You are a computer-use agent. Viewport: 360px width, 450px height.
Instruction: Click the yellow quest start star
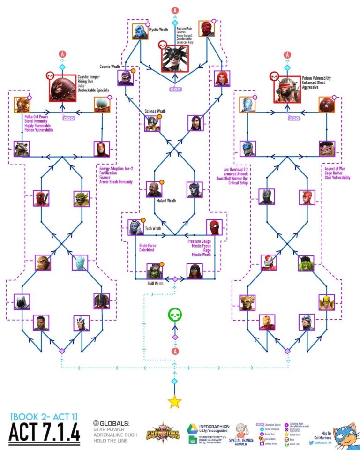(175, 401)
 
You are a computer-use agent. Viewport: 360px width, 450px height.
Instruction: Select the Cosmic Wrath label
(108, 67)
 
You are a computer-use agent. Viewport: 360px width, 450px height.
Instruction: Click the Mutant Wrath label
(166, 200)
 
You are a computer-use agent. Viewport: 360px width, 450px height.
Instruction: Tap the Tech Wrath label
(153, 228)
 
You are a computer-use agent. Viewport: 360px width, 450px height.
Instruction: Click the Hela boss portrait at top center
(175, 59)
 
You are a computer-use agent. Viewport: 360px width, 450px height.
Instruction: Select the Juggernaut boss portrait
(62, 87)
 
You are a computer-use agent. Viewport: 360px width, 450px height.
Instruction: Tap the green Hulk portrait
(306, 263)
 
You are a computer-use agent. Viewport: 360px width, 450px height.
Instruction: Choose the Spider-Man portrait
(215, 227)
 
